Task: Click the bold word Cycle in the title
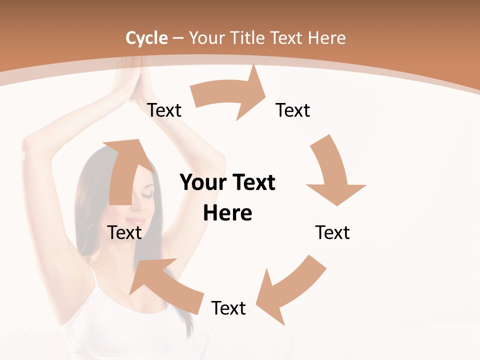(146, 38)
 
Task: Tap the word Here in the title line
(327, 38)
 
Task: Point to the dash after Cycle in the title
(178, 38)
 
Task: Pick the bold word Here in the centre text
(227, 213)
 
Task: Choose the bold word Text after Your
(253, 182)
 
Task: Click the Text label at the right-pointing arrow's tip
(293, 110)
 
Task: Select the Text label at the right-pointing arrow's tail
(164, 110)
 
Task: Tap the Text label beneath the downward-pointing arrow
(332, 232)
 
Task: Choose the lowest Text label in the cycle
(228, 308)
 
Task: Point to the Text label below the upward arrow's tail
(125, 232)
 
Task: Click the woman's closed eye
(148, 191)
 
